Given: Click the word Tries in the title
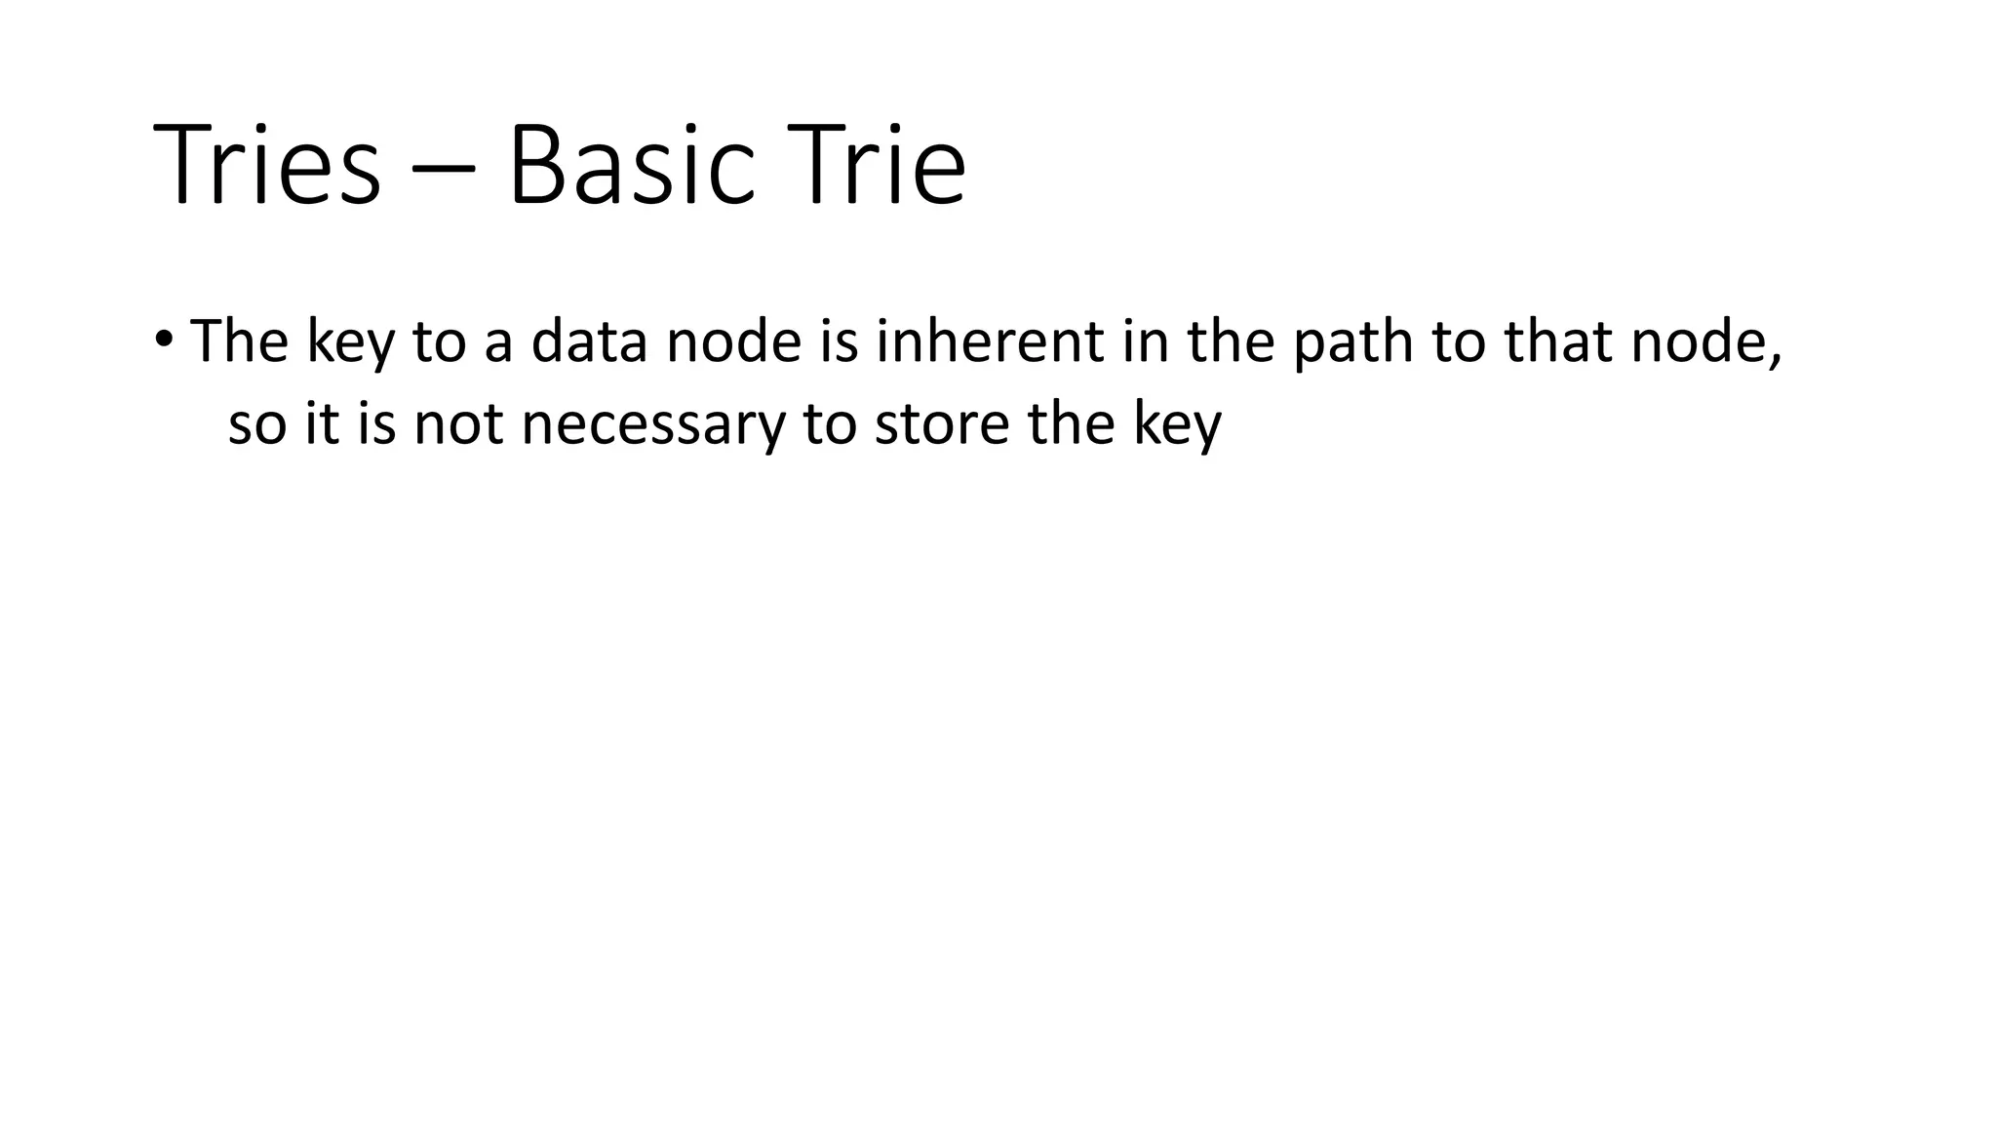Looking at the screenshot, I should [x=266, y=164].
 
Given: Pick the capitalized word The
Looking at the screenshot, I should [x=239, y=341].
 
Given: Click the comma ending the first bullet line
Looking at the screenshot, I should [x=1776, y=359].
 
